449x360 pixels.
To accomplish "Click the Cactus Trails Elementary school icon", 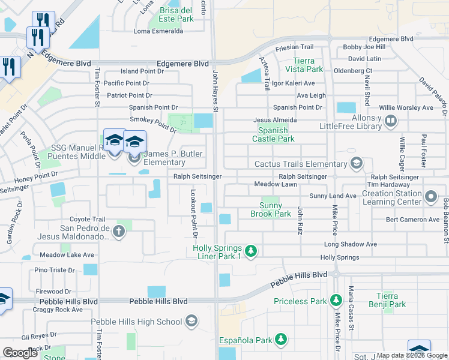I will (x=357, y=163).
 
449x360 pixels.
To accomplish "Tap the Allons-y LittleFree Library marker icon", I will (x=390, y=122).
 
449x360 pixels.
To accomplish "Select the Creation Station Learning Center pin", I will (x=430, y=197).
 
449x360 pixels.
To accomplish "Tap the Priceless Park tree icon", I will (x=336, y=301).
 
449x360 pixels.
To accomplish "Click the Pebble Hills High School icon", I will (x=191, y=322).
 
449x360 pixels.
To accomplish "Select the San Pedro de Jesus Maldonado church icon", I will (x=119, y=232).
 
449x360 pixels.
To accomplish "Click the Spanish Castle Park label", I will (x=276, y=134).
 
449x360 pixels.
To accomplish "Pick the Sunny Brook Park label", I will (x=271, y=209).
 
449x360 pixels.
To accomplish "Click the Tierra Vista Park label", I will (x=308, y=65).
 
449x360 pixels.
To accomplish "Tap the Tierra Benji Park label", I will (x=391, y=300).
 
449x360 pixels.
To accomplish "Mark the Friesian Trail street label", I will (x=295, y=47).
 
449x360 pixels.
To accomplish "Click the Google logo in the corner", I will (x=20, y=352).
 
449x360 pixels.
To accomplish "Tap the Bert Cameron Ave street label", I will (x=412, y=220).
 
